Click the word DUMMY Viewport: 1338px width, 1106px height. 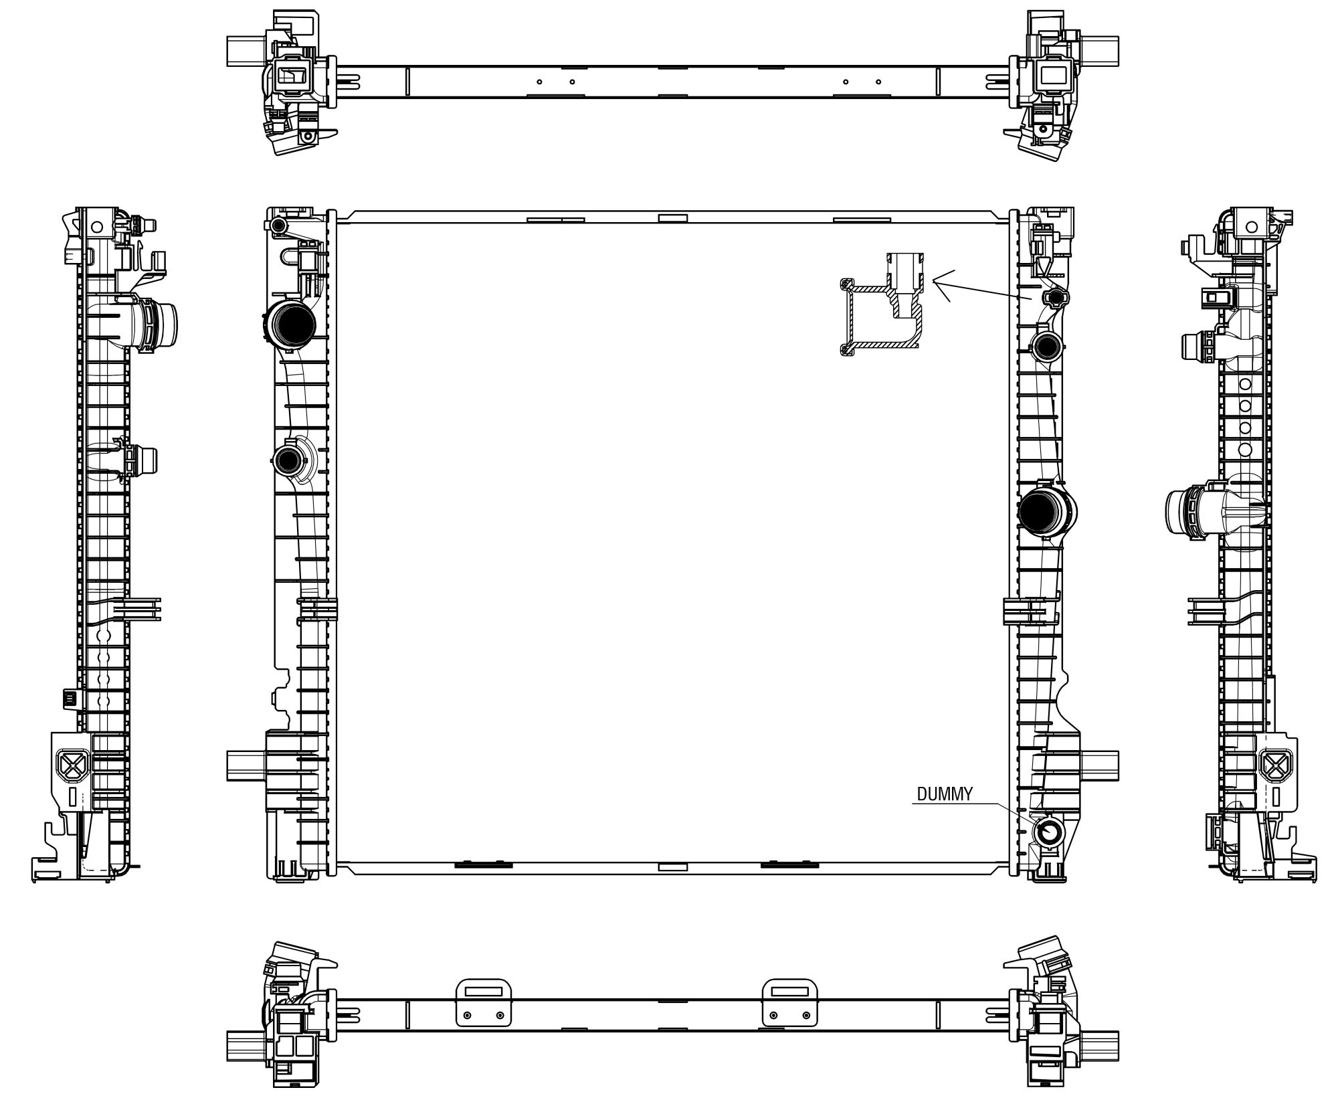(x=945, y=794)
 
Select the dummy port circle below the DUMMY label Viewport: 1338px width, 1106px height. (x=1048, y=832)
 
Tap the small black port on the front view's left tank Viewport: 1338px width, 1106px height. (x=289, y=460)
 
